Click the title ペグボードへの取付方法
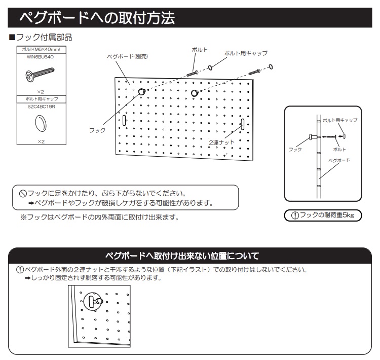point(96,19)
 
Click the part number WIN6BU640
point(40,57)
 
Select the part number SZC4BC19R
point(40,106)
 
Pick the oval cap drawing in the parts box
point(40,122)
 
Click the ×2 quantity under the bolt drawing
point(40,91)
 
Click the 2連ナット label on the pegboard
point(221,143)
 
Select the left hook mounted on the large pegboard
point(141,92)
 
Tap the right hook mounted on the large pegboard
point(195,92)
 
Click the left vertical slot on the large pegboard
point(124,120)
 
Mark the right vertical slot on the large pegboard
point(243,124)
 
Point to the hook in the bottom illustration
point(97,302)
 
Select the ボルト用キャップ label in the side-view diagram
point(340,120)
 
